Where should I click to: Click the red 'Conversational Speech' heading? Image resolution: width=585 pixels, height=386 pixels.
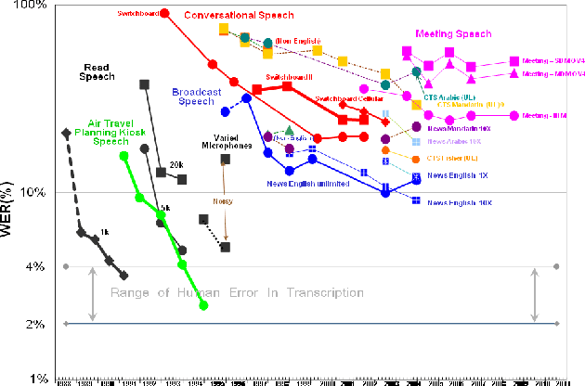[239, 16]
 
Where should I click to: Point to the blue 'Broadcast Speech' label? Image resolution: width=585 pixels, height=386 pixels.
[196, 96]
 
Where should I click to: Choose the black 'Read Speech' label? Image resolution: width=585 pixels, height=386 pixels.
[97, 72]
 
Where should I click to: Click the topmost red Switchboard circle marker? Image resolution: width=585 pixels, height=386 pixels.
[164, 13]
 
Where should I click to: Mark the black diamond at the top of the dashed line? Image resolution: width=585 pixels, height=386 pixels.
[64, 133]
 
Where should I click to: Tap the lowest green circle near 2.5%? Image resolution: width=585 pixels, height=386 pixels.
[203, 305]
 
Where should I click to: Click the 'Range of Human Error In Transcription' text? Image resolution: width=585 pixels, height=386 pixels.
[237, 292]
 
